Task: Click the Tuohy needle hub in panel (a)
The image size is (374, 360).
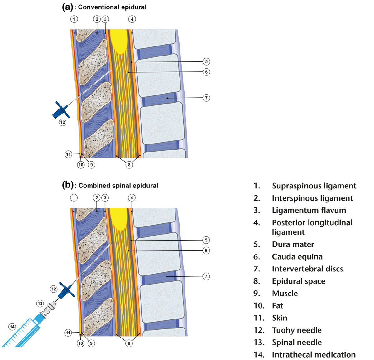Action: tap(61, 110)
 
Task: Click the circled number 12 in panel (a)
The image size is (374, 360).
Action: tap(63, 122)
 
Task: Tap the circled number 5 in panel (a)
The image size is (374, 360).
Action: tap(206, 61)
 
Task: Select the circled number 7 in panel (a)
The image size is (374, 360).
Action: tap(206, 98)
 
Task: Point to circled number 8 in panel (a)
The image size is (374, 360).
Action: tap(129, 165)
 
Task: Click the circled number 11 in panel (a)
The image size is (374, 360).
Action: tap(68, 154)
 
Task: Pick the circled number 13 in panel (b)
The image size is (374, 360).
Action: tap(40, 304)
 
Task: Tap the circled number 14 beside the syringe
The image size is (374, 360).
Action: tap(12, 327)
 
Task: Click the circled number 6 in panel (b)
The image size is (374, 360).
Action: tap(206, 250)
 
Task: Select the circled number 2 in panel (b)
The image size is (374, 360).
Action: tap(97, 197)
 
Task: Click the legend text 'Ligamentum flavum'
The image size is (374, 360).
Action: tap(309, 210)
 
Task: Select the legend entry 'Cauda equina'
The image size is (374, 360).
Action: tap(297, 257)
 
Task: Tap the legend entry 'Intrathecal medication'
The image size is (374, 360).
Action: tap(314, 354)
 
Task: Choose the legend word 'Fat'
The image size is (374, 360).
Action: tap(277, 305)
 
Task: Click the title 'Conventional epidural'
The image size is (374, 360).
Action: tap(112, 7)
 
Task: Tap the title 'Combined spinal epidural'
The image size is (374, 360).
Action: tap(118, 186)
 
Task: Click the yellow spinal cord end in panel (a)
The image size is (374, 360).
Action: tap(119, 41)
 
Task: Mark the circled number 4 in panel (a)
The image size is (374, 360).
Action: tap(132, 19)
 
